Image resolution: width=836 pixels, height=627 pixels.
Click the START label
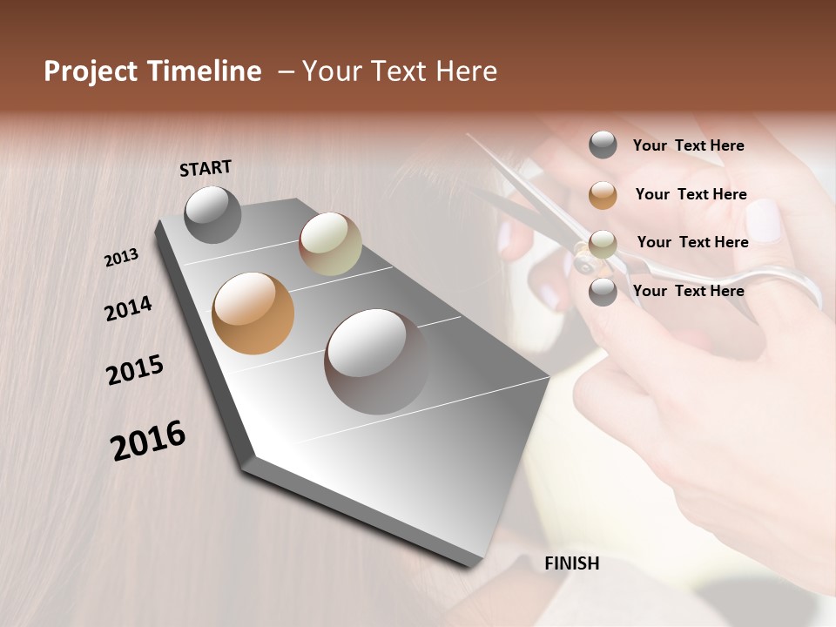point(206,168)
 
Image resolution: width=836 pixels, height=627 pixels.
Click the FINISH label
point(571,563)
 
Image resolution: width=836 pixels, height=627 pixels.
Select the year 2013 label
point(122,258)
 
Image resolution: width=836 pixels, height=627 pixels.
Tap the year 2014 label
point(129,308)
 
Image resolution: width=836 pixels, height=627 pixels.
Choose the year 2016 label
point(148,441)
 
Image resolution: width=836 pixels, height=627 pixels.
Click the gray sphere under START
point(212,214)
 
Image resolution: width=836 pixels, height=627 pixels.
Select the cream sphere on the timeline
point(330,244)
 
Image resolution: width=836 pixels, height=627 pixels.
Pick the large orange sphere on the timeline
point(253,313)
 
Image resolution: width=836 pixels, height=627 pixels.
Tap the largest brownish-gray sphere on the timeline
point(376,361)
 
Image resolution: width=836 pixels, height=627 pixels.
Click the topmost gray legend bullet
point(603,145)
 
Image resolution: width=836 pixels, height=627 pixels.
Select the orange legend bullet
point(603,194)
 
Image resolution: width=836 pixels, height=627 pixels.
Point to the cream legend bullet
point(603,244)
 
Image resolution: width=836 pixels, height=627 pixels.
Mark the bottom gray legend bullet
point(603,292)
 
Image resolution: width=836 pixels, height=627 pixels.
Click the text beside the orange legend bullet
point(691,194)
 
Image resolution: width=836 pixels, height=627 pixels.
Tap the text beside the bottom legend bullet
point(688,291)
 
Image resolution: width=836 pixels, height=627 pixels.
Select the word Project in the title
point(91,71)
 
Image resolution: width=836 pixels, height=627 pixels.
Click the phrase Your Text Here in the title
point(400,71)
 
